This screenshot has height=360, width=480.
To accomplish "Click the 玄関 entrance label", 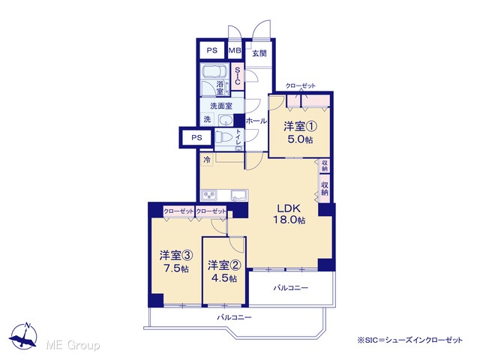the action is (259, 53).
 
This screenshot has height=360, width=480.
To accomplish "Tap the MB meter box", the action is (235, 50).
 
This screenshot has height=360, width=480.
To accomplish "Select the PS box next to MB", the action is (211, 50).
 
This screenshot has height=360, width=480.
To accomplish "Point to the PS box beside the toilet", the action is (196, 138).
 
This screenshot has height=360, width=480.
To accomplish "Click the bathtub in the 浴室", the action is (215, 70).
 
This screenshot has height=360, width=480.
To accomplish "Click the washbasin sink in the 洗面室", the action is (226, 120).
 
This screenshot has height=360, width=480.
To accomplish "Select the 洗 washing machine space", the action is (207, 119).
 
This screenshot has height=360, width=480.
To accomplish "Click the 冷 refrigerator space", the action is (207, 160).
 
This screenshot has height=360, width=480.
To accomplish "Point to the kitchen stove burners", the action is (208, 195).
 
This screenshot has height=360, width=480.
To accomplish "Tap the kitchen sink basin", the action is (239, 195).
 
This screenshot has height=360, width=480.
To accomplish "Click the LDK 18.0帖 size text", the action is (289, 220).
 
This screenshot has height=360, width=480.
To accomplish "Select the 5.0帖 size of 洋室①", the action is (300, 139).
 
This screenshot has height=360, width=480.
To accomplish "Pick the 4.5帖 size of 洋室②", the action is (224, 278).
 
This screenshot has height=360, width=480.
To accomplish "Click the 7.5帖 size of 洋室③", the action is (175, 268).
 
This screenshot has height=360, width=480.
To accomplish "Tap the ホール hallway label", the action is (256, 121).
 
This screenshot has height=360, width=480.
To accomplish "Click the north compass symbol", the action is (23, 336).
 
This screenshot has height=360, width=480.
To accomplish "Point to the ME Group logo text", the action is (73, 345).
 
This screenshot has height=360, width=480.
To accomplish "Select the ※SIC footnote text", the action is (410, 340).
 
